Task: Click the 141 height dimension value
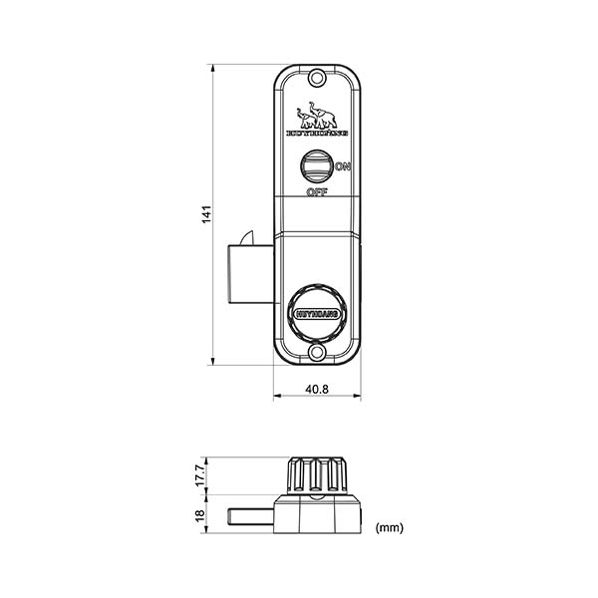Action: [x=204, y=213]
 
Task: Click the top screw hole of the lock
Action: [x=316, y=78]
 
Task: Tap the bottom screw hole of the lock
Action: [x=316, y=353]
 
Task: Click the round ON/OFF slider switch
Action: [x=317, y=165]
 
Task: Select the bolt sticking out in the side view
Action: [x=251, y=514]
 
